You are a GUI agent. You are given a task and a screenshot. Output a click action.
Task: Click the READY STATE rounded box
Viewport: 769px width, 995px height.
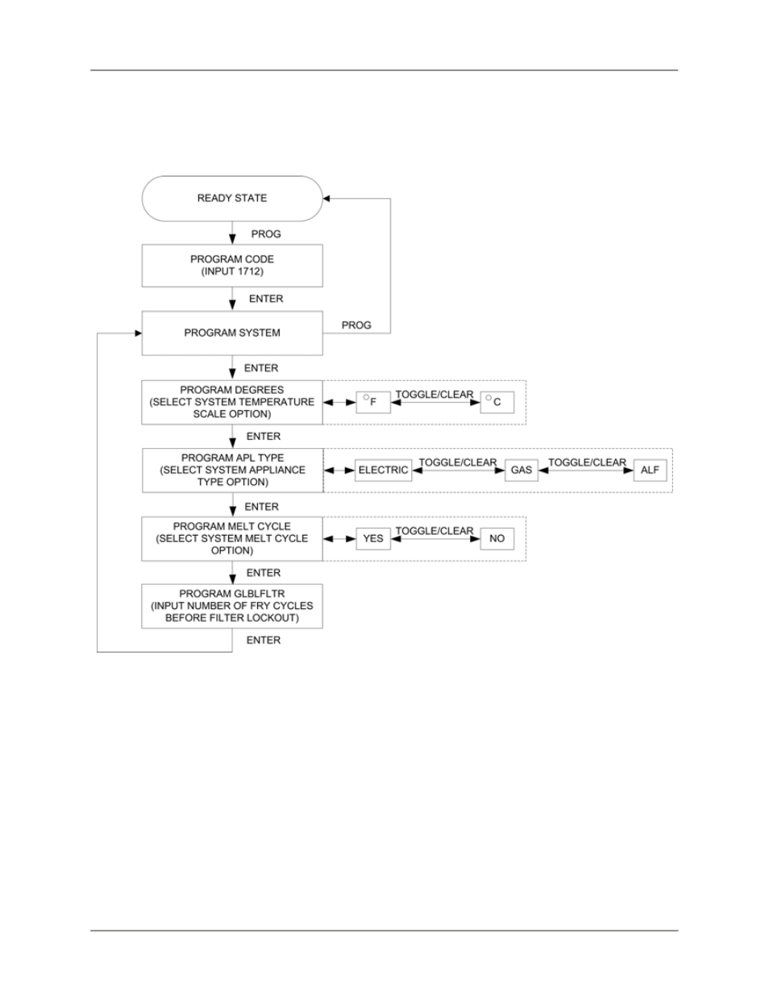232,198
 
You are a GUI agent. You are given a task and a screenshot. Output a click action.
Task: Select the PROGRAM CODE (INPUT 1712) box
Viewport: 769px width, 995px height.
232,266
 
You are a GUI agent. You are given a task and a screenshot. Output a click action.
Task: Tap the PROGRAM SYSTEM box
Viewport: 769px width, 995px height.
232,333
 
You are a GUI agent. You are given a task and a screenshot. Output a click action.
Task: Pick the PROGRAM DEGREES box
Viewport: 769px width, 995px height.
232,402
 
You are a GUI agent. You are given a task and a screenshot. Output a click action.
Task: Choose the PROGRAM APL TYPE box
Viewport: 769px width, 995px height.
233,471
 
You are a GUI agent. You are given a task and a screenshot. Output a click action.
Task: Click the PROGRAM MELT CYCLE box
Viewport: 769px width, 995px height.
232,538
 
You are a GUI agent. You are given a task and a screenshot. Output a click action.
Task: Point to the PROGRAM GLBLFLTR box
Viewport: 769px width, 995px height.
232,606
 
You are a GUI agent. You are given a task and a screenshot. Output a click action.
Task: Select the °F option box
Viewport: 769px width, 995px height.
373,402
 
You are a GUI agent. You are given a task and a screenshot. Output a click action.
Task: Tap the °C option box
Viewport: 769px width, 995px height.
497,402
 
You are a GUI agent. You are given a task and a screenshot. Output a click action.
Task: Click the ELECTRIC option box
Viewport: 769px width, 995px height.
384,471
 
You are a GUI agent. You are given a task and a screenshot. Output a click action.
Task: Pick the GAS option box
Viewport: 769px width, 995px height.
522,471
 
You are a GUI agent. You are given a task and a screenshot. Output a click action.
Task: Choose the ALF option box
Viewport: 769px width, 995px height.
650,471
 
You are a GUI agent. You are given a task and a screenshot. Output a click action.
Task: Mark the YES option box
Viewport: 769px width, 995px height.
373,538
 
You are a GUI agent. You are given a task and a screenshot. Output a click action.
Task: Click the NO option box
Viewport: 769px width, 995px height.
497,538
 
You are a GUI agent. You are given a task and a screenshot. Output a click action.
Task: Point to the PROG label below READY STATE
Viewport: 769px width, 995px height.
266,234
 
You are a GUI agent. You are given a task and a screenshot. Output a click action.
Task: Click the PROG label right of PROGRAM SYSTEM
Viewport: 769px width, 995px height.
356,325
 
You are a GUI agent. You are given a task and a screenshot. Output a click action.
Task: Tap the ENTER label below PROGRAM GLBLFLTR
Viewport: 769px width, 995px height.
264,641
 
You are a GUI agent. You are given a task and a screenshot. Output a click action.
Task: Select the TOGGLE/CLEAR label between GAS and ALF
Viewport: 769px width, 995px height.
587,462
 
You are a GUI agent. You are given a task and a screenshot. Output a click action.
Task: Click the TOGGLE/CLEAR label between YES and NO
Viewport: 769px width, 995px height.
434,531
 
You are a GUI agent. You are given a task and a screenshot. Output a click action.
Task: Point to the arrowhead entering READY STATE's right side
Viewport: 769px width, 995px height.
326,198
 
